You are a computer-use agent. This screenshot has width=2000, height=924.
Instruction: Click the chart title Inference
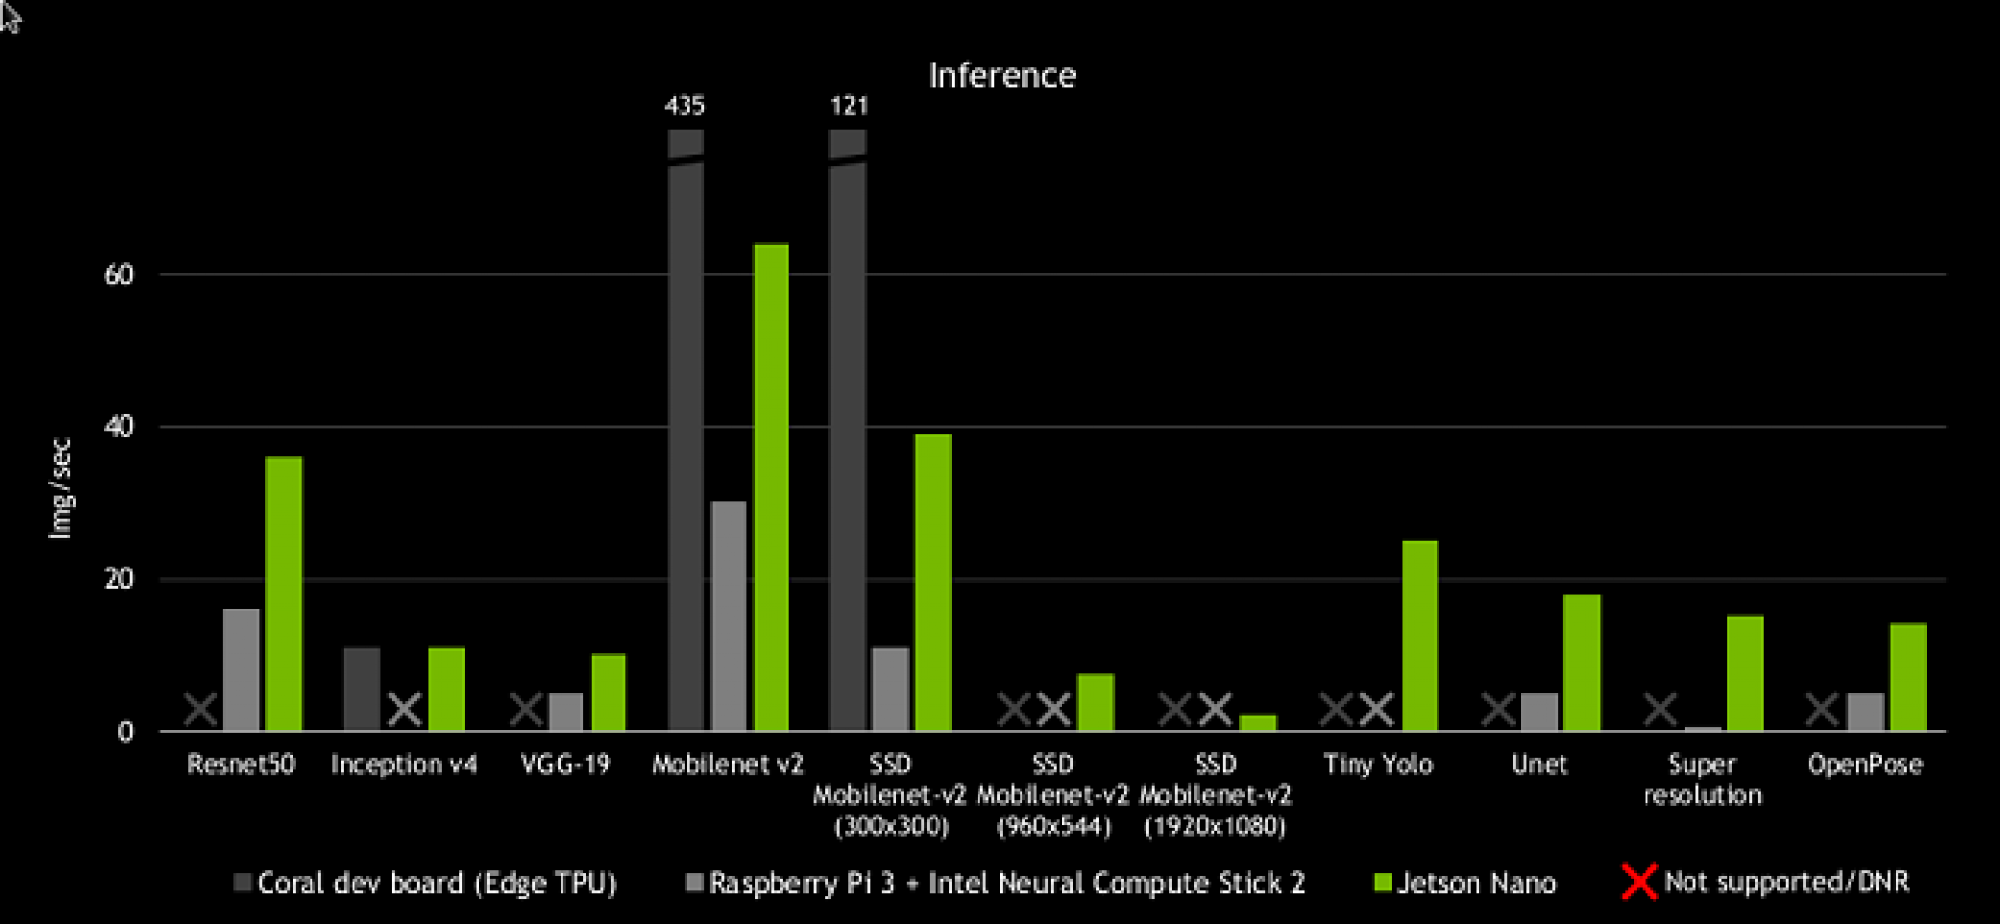(x=1002, y=76)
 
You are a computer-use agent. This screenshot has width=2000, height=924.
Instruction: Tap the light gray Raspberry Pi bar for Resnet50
(x=241, y=669)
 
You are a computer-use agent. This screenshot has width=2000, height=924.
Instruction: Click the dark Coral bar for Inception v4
(x=361, y=688)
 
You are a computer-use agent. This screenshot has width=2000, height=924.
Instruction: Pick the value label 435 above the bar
(x=685, y=105)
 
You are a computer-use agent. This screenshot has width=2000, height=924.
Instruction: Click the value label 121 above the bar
(x=849, y=105)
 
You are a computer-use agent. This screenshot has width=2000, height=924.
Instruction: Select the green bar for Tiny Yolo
(x=1420, y=635)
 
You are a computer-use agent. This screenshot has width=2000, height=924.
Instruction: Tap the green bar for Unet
(x=1581, y=661)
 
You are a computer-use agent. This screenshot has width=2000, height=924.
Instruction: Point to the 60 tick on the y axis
(x=119, y=274)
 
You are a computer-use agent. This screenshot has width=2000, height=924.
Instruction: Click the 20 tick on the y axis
(x=119, y=579)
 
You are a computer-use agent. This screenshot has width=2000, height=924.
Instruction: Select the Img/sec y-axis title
(x=61, y=488)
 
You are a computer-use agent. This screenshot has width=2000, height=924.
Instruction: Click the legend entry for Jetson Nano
(x=1465, y=883)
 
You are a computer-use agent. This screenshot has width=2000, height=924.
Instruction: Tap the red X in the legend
(x=1639, y=882)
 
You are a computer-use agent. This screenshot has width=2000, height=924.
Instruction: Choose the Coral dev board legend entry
(x=426, y=883)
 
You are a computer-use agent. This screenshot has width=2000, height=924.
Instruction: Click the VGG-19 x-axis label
(x=565, y=764)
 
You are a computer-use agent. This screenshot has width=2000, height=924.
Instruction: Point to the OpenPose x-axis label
(x=1864, y=764)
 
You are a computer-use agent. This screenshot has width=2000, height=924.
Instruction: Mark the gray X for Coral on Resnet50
(x=201, y=709)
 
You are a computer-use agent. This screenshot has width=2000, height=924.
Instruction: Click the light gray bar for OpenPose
(x=1865, y=711)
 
